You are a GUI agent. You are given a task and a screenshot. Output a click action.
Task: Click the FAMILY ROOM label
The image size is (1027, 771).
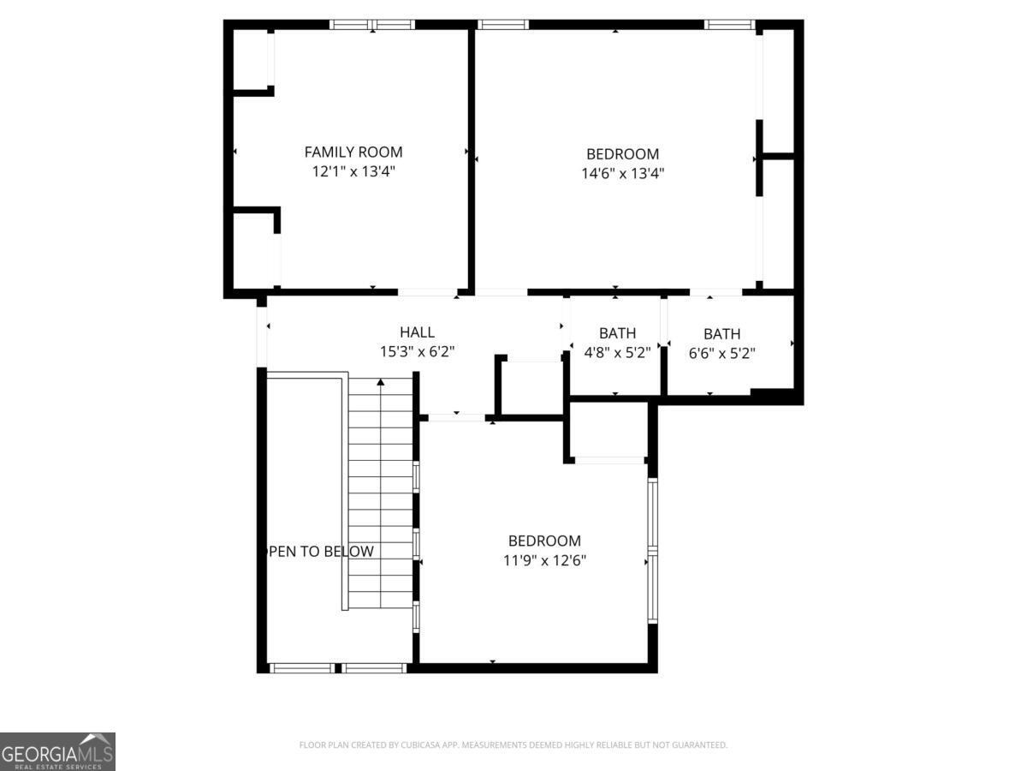(x=353, y=152)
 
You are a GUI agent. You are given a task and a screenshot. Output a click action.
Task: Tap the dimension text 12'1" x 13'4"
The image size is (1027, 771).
(x=353, y=171)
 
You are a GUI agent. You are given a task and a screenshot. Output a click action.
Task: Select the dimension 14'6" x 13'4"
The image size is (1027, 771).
(x=622, y=173)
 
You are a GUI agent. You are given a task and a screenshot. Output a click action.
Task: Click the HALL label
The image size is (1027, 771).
(x=417, y=332)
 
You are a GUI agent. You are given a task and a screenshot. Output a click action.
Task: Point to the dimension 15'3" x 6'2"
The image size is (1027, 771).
(x=417, y=351)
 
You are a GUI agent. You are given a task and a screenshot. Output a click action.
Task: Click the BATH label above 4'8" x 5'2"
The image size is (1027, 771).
(x=617, y=333)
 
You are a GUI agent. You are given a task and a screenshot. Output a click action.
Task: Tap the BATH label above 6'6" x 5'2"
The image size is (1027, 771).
(x=721, y=334)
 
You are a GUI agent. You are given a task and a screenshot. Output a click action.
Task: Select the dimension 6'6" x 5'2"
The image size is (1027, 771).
(x=721, y=352)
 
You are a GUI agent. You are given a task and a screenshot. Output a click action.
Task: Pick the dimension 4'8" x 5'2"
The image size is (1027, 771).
(x=617, y=352)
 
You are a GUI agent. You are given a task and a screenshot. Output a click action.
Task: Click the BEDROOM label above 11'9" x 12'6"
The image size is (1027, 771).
(x=544, y=541)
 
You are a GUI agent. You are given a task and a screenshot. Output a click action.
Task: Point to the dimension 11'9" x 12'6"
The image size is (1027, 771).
(x=544, y=560)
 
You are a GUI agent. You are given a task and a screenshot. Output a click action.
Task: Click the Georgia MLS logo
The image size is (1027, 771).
(x=57, y=751)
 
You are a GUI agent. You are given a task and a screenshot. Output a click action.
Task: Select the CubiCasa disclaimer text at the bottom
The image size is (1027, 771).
(x=513, y=745)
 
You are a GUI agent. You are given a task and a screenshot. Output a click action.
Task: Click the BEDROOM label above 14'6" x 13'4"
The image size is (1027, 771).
(x=622, y=154)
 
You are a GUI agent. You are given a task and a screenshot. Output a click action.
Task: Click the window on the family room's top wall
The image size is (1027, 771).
(x=372, y=25)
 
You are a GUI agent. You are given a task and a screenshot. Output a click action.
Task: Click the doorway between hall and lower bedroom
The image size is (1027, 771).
(x=456, y=417)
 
